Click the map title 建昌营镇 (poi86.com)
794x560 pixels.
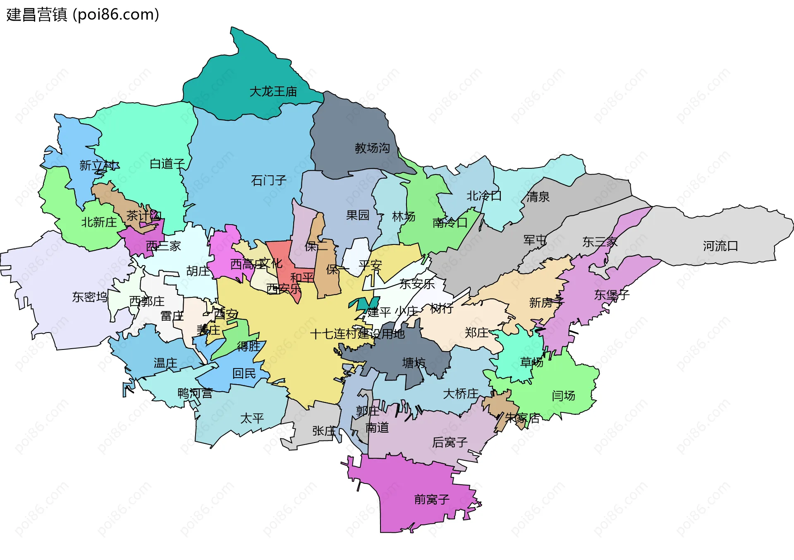[x=82, y=15]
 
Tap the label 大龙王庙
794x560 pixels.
[x=273, y=91]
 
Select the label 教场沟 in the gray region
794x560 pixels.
[x=372, y=148]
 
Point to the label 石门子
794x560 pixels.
[x=268, y=180]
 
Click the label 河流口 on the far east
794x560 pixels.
[x=720, y=246]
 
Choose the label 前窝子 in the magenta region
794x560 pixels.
[x=431, y=500]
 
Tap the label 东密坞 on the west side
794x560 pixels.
[x=90, y=297]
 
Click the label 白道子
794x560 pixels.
[x=167, y=164]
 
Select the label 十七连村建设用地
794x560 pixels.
[x=357, y=334]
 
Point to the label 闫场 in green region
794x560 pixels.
[x=563, y=396]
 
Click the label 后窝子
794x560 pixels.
[x=450, y=443]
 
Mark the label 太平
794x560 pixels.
[x=252, y=418]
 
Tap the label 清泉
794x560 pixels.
[x=538, y=197]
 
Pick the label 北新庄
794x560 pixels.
[x=99, y=223]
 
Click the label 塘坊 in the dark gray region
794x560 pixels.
[x=414, y=363]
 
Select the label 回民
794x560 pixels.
[x=244, y=373]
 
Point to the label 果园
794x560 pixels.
[x=357, y=215]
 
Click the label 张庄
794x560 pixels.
[x=324, y=431]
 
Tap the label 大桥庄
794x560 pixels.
[x=460, y=394]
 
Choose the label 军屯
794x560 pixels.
[x=535, y=240]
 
